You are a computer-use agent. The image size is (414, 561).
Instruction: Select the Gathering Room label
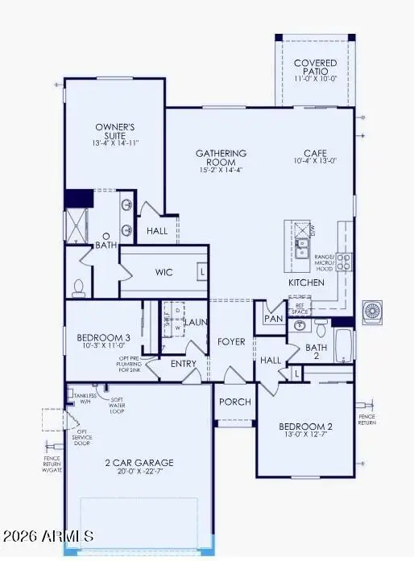pos(221,158)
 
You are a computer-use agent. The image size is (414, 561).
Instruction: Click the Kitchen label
pos(307,283)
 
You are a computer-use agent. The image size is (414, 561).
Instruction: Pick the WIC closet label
pos(164,272)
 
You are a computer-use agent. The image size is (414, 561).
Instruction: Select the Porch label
pos(235,402)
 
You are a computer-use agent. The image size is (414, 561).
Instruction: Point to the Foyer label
pos(231,341)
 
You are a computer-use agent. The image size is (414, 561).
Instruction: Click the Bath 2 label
pos(317,353)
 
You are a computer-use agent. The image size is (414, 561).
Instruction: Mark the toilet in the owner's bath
pos(78,286)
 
